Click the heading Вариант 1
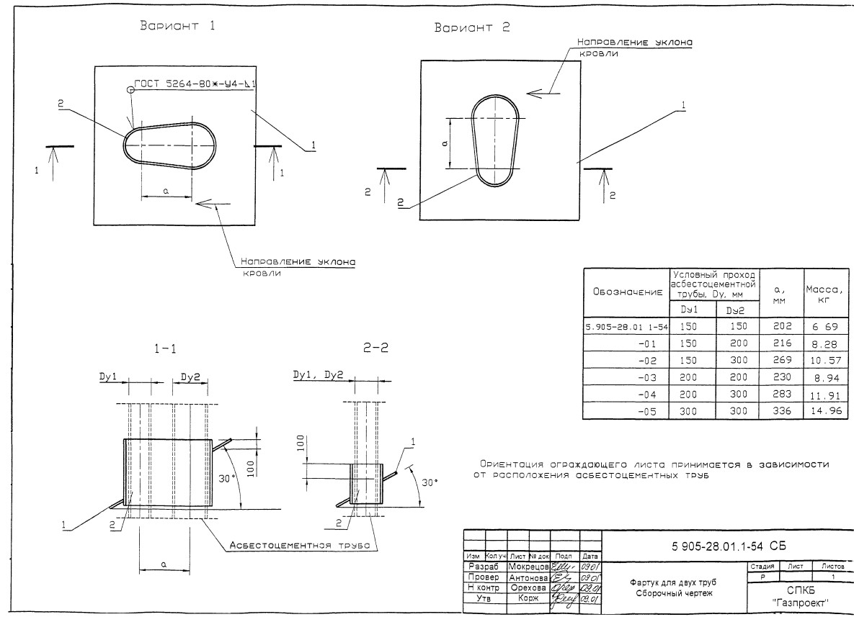point(176,27)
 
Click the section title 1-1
point(165,348)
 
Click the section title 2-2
point(376,348)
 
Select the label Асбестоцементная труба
point(299,546)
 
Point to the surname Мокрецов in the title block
point(528,567)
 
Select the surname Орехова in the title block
point(528,587)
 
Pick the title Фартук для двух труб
point(672,582)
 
